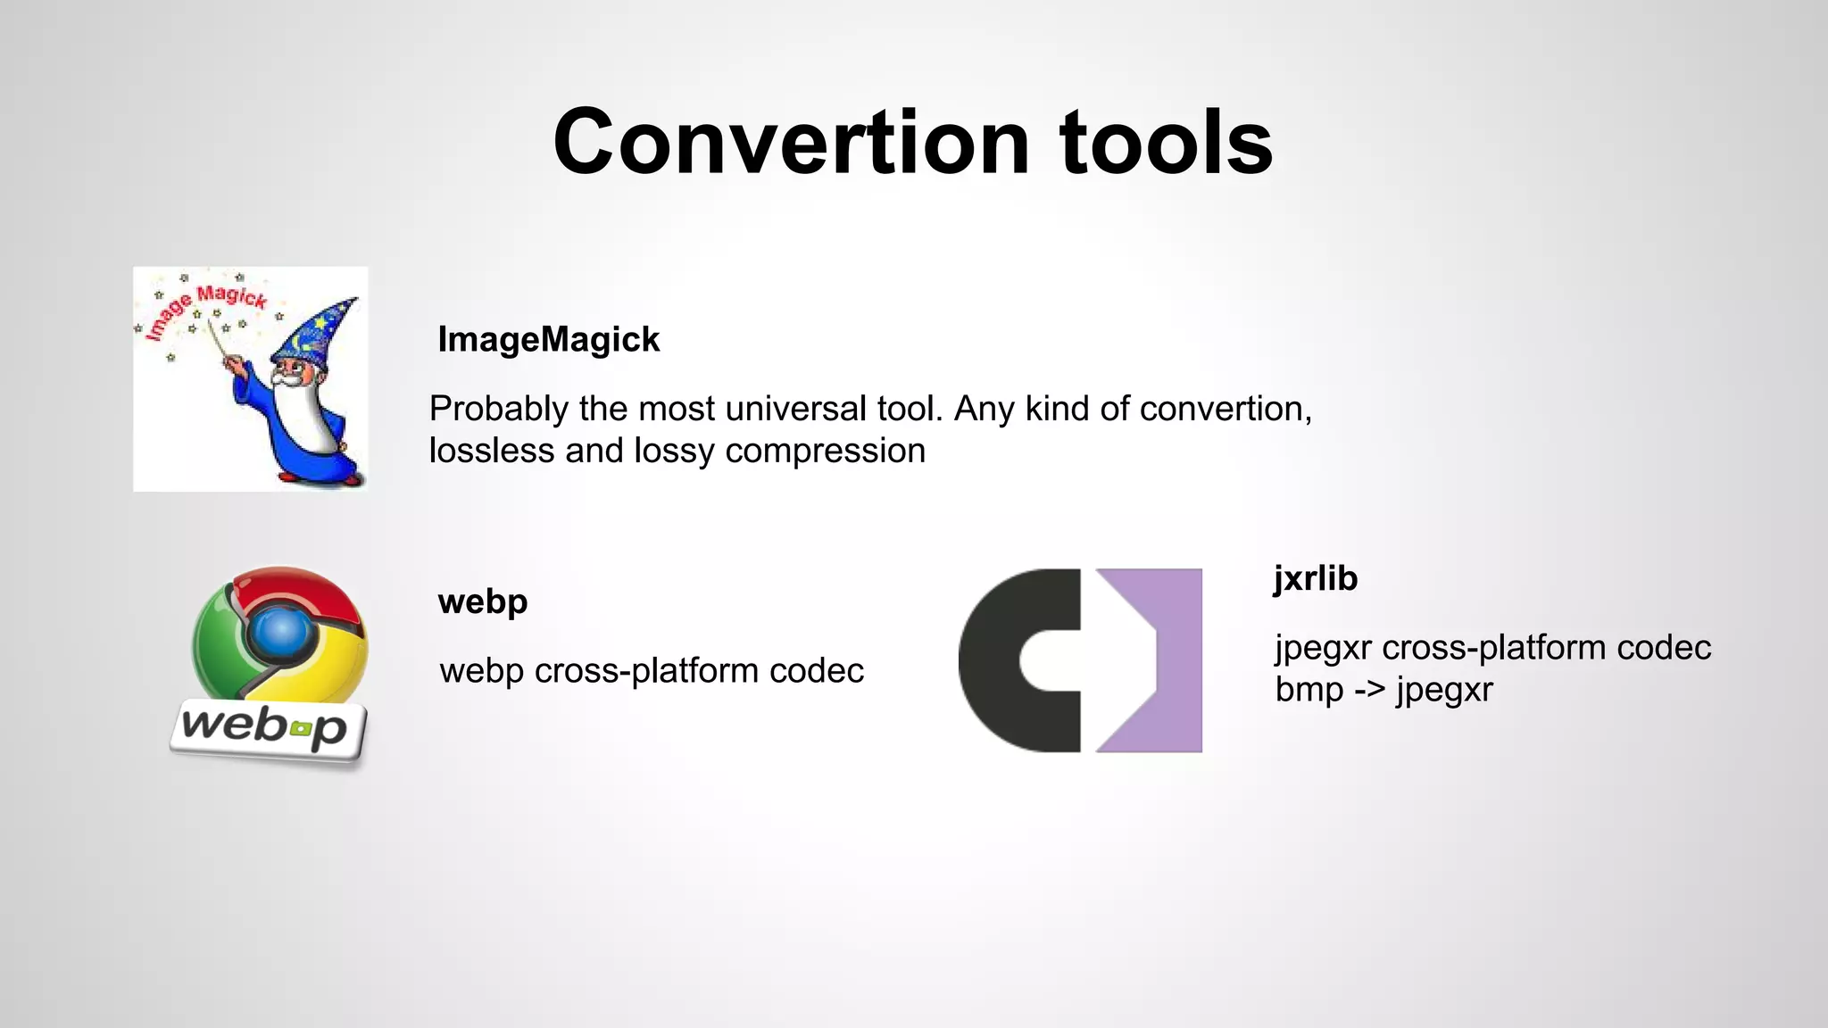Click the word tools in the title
pos(1166,143)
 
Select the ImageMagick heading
pos(548,340)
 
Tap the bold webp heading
pos(483,601)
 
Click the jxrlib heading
pos(1316,578)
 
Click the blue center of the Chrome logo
pos(280,631)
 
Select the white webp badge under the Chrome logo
pos(268,729)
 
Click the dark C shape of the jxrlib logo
pos(1009,660)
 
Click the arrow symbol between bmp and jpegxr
pos(1369,690)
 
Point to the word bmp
pos(1309,690)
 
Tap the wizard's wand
pos(220,343)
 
